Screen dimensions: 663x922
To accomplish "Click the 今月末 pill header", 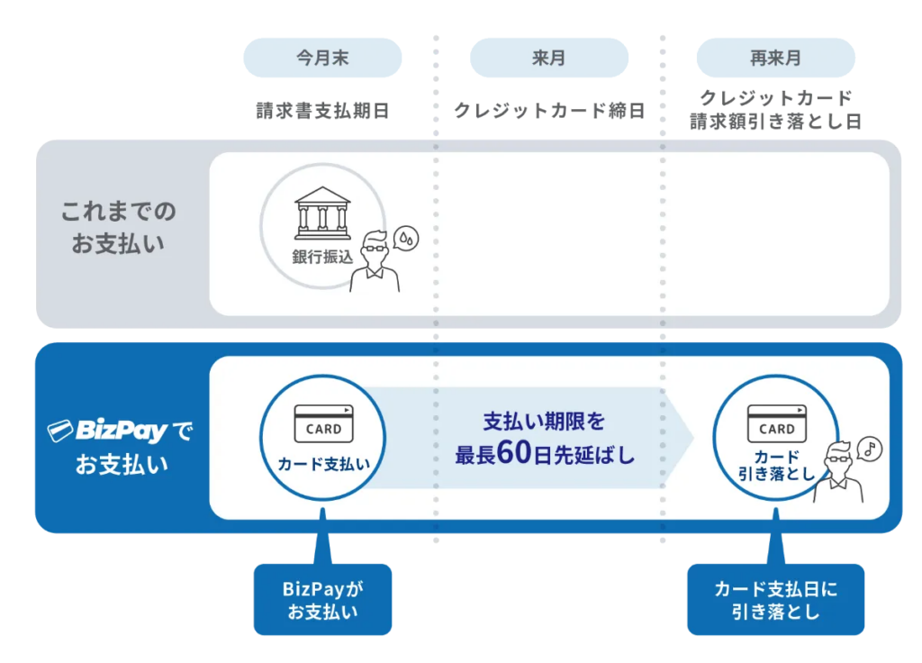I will tap(322, 59).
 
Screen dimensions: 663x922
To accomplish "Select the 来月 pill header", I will tap(548, 59).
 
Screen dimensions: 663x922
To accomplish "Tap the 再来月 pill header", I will tap(775, 59).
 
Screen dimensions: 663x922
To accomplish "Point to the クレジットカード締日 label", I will tap(549, 111).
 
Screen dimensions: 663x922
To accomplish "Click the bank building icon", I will tap(322, 213).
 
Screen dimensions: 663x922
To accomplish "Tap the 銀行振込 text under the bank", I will tap(322, 256).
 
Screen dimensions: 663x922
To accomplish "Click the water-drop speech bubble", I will tap(406, 237).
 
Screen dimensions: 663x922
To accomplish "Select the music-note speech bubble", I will tap(870, 448).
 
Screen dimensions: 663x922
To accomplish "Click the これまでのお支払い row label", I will tap(118, 227).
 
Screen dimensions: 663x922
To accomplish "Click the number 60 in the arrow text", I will tap(517, 454).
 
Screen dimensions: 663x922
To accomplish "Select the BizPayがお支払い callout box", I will tap(322, 600).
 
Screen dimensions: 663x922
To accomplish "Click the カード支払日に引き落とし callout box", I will tap(775, 600).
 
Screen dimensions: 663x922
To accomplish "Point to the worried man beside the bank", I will tap(375, 262).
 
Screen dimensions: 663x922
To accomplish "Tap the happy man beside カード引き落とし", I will tap(840, 473).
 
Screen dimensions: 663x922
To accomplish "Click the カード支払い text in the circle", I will tap(323, 464).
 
